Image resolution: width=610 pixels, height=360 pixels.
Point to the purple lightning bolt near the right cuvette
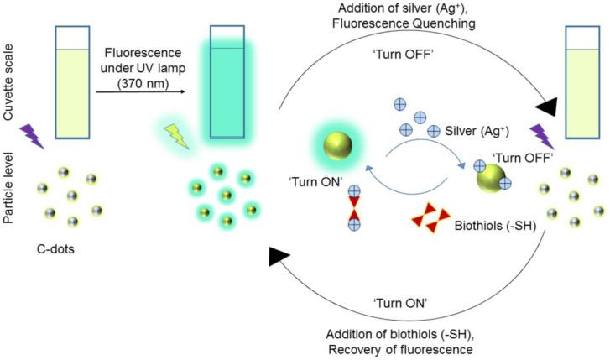544,136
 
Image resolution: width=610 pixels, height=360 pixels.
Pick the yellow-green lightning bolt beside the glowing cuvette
177,134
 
